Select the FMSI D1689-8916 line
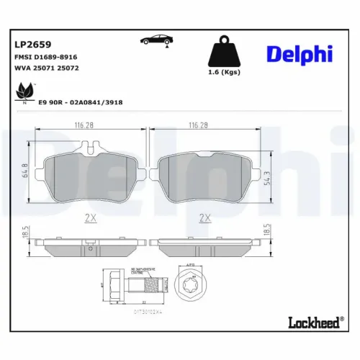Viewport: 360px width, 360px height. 45,56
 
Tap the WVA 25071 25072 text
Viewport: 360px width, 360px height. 45,68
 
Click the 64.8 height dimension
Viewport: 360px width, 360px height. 26,170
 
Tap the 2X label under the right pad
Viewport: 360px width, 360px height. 204,217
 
